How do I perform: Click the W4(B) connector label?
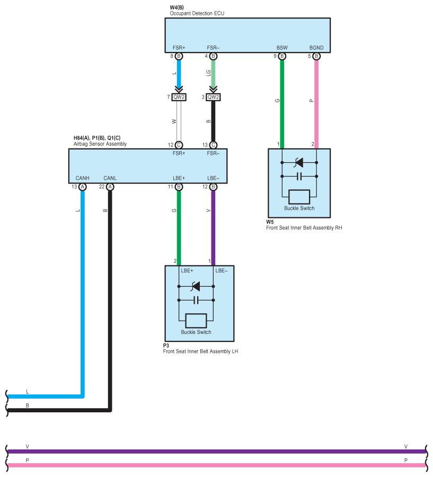[177, 7]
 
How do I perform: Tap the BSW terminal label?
[282, 48]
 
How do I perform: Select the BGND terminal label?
[316, 48]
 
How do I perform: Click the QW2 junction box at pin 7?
[179, 97]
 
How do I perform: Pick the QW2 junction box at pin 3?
[213, 97]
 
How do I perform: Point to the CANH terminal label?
[83, 178]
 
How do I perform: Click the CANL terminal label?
[110, 178]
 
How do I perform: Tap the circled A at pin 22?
[110, 187]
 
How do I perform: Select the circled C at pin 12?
[179, 145]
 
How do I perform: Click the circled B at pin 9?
[282, 56]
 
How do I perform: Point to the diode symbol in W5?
[299, 163]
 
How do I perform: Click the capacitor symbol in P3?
[196, 301]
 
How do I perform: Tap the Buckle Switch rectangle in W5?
[299, 197]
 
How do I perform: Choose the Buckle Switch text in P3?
[196, 332]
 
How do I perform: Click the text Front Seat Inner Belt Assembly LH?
[200, 351]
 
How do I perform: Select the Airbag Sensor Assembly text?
[100, 144]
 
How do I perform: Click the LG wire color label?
[208, 73]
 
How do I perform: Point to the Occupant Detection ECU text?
[197, 13]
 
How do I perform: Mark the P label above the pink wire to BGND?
[311, 101]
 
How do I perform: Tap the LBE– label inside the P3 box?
[221, 271]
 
